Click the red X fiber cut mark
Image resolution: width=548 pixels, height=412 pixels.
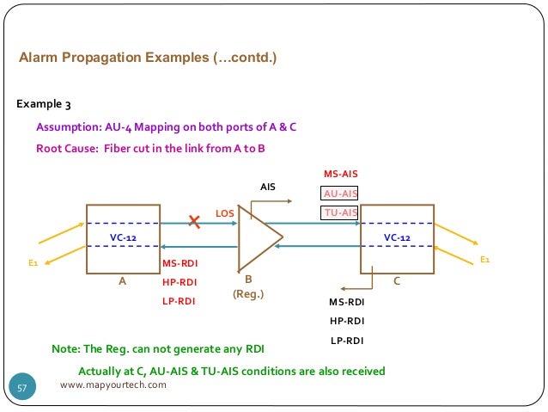point(195,223)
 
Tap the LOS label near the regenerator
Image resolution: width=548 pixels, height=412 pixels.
point(225,212)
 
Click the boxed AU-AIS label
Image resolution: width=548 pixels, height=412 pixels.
point(340,194)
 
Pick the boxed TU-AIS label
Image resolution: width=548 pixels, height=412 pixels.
point(340,212)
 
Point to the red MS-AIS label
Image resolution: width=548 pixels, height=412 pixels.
point(340,175)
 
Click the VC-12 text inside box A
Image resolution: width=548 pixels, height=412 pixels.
point(123,236)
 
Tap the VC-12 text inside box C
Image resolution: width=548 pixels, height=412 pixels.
point(397,236)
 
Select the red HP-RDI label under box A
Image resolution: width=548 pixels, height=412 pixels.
point(180,281)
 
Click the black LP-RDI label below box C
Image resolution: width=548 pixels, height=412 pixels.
point(347,341)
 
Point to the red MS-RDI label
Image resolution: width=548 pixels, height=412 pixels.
point(180,263)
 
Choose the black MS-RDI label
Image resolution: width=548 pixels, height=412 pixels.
point(347,302)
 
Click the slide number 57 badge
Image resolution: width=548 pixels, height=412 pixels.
point(23,389)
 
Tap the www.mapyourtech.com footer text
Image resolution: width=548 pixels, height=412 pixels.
point(113,384)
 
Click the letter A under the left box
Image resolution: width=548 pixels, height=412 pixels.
point(122,280)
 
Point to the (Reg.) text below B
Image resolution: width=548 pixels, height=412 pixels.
point(248,294)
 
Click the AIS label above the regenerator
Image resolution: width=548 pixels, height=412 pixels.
point(267,186)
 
